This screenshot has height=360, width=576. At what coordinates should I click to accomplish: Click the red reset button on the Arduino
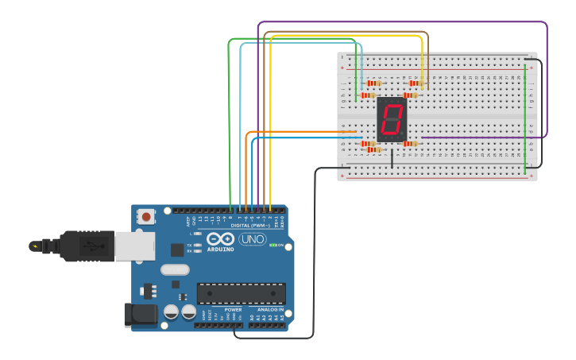tap(146, 216)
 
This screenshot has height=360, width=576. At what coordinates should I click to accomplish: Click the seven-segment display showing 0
tap(392, 120)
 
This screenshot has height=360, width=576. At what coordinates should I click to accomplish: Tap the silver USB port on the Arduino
tap(133, 246)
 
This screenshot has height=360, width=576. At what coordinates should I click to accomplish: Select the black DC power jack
tap(141, 315)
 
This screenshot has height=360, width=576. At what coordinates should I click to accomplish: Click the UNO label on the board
tap(252, 239)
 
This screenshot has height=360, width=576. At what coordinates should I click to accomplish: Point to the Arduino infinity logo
tap(221, 238)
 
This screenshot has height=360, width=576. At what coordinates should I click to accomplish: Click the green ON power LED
tap(274, 245)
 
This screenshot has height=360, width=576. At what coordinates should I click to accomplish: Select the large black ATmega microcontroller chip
tap(241, 292)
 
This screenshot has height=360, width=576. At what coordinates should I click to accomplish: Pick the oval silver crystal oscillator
tap(175, 269)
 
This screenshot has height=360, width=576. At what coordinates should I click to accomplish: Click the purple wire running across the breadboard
tap(477, 137)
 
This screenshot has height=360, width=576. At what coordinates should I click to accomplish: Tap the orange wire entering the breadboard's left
tap(302, 131)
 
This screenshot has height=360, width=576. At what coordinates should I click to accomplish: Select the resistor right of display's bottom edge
tap(410, 144)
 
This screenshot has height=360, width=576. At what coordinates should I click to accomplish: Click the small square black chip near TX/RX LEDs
tap(176, 250)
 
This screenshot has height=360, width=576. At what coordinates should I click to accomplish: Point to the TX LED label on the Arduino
tap(191, 245)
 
